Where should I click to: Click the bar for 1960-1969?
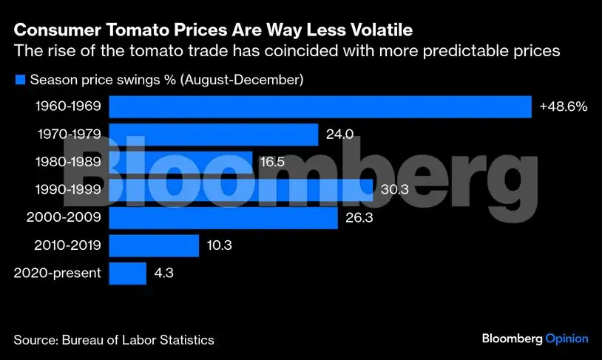coord(320,106)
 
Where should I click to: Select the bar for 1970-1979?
coord(214,135)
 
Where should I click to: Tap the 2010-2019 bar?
coord(154,245)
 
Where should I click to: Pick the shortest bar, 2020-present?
coord(127,274)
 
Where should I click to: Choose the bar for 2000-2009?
coord(223,218)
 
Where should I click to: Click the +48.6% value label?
coord(564,106)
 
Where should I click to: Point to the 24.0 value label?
coord(339,134)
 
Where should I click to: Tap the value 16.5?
coord(273,162)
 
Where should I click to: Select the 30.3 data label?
coord(395,189)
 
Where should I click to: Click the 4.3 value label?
coord(164,273)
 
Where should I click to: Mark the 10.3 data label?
coord(219,245)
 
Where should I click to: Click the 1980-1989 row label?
coord(68,162)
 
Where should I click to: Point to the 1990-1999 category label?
coord(68,189)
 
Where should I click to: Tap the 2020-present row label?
coord(58,273)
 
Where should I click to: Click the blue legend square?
coord(20,79)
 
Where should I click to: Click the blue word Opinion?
coord(567,339)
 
